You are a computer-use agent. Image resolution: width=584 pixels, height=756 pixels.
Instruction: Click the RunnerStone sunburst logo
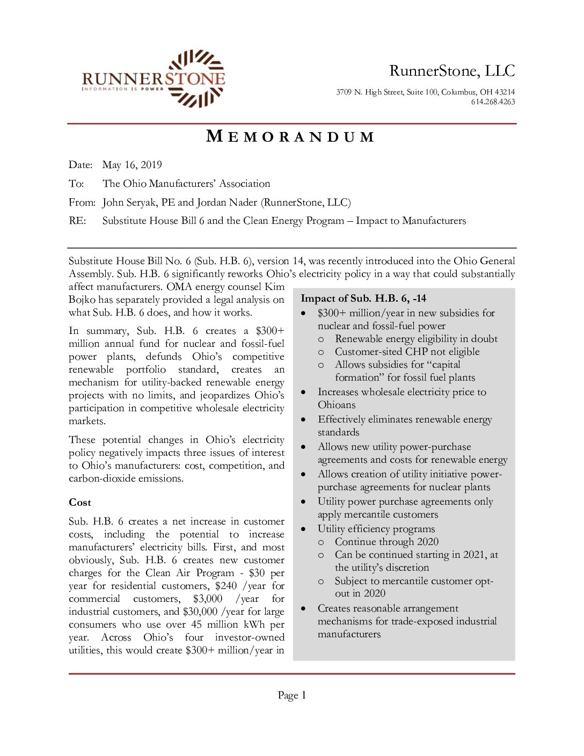196,78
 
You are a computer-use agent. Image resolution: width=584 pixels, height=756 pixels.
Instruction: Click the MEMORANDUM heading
290,137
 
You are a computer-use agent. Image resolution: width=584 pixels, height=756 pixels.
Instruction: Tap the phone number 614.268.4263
493,102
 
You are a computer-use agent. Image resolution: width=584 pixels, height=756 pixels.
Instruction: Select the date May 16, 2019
132,165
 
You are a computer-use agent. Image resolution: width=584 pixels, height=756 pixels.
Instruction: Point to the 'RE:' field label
77,221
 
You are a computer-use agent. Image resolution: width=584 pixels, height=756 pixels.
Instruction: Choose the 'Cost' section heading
80,503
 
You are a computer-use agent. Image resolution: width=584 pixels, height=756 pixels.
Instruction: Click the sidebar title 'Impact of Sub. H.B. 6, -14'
363,299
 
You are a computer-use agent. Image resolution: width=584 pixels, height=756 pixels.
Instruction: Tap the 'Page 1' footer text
292,695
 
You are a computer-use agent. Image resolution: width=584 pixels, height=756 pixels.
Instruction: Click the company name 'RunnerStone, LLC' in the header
452,71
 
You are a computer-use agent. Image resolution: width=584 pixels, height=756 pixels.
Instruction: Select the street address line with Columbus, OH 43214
425,92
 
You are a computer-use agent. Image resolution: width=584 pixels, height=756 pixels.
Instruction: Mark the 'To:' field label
76,184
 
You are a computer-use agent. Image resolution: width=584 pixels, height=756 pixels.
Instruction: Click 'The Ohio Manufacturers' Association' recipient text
186,184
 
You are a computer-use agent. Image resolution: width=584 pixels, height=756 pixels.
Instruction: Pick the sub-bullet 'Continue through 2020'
386,542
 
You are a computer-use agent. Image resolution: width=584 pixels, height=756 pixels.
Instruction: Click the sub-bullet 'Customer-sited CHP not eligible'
407,352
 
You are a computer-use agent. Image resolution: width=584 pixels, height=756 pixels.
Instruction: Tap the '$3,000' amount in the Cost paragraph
208,599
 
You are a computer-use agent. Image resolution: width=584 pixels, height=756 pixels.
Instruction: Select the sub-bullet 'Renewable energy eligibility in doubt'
416,339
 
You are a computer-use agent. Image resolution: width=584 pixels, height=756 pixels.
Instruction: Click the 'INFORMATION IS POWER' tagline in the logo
123,89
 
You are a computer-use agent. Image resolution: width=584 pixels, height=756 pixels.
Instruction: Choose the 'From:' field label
82,202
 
